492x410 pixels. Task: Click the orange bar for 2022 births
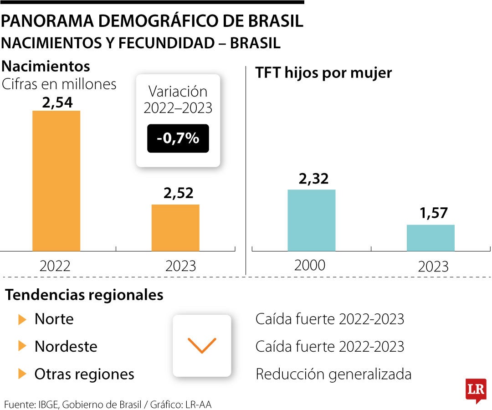coord(56,180)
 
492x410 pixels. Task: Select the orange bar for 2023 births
coord(175,227)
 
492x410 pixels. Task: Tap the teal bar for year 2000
coord(311,220)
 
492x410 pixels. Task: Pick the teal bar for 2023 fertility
coord(430,237)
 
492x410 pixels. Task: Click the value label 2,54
coord(57,102)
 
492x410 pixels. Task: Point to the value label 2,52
coord(178,193)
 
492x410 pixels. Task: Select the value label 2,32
coord(313,179)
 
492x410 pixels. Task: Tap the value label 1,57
coord(434,213)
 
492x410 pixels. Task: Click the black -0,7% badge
coord(178,138)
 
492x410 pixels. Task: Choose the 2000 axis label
coord(310,265)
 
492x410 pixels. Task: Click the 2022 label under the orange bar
coord(55,266)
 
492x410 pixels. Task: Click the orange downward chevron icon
coord(202,346)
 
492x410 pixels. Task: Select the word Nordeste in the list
coord(66,347)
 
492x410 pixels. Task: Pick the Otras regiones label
coord(84,374)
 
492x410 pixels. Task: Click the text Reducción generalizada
coord(333,374)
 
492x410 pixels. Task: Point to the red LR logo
coord(476,390)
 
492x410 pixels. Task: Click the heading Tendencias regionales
coord(84,295)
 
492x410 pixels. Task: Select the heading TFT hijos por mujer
coord(323,73)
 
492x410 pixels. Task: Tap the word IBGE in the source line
coord(48,404)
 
